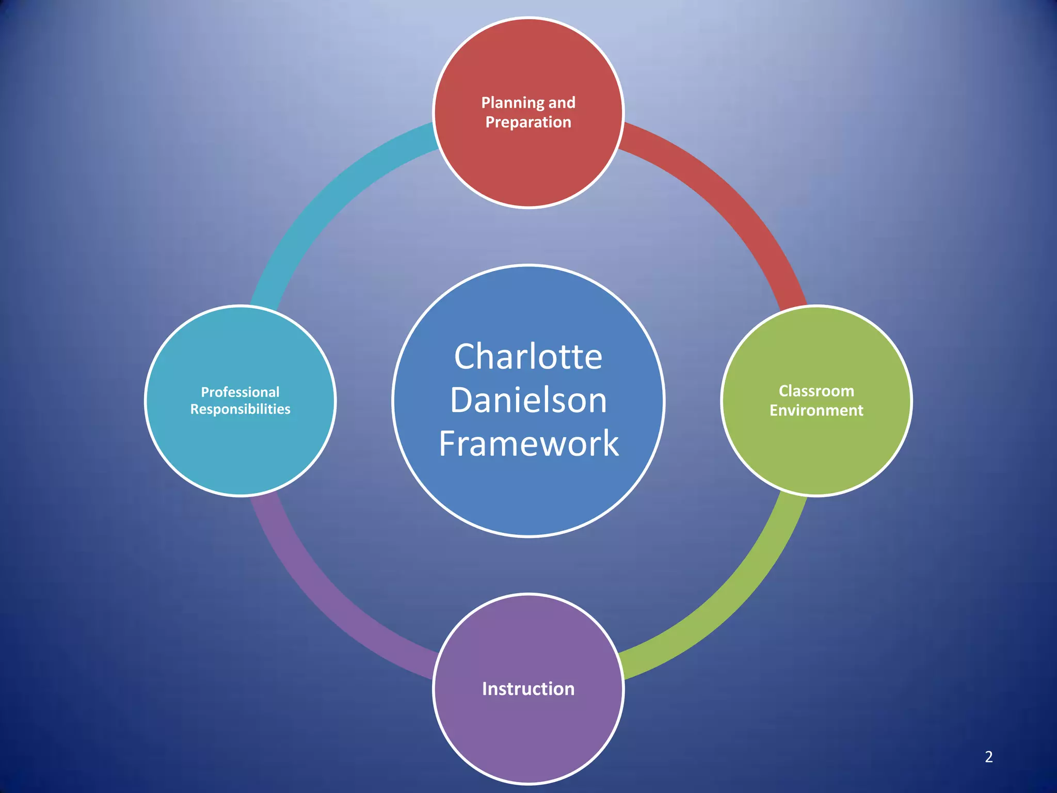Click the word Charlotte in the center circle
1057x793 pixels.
point(528,357)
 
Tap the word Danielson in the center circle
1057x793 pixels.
point(528,400)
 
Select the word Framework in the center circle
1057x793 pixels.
point(528,443)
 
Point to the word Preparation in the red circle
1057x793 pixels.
point(528,122)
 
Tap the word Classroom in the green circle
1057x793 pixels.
point(816,391)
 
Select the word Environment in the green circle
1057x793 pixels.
point(816,410)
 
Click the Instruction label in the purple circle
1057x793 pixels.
point(528,689)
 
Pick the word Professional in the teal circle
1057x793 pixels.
point(240,392)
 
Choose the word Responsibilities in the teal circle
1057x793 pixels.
point(240,409)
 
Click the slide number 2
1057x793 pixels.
point(988,757)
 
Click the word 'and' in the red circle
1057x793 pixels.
point(562,103)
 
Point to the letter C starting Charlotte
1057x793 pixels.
point(465,357)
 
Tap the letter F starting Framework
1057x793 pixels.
point(447,443)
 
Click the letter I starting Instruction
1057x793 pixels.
point(485,689)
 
